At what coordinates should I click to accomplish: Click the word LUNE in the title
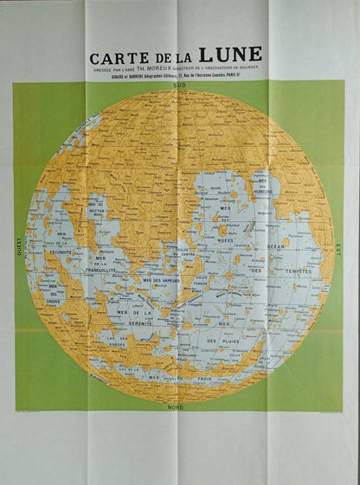230,54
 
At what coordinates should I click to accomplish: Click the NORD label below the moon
177,405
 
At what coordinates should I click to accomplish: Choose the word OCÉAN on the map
276,247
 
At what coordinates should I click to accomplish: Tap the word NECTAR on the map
98,210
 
